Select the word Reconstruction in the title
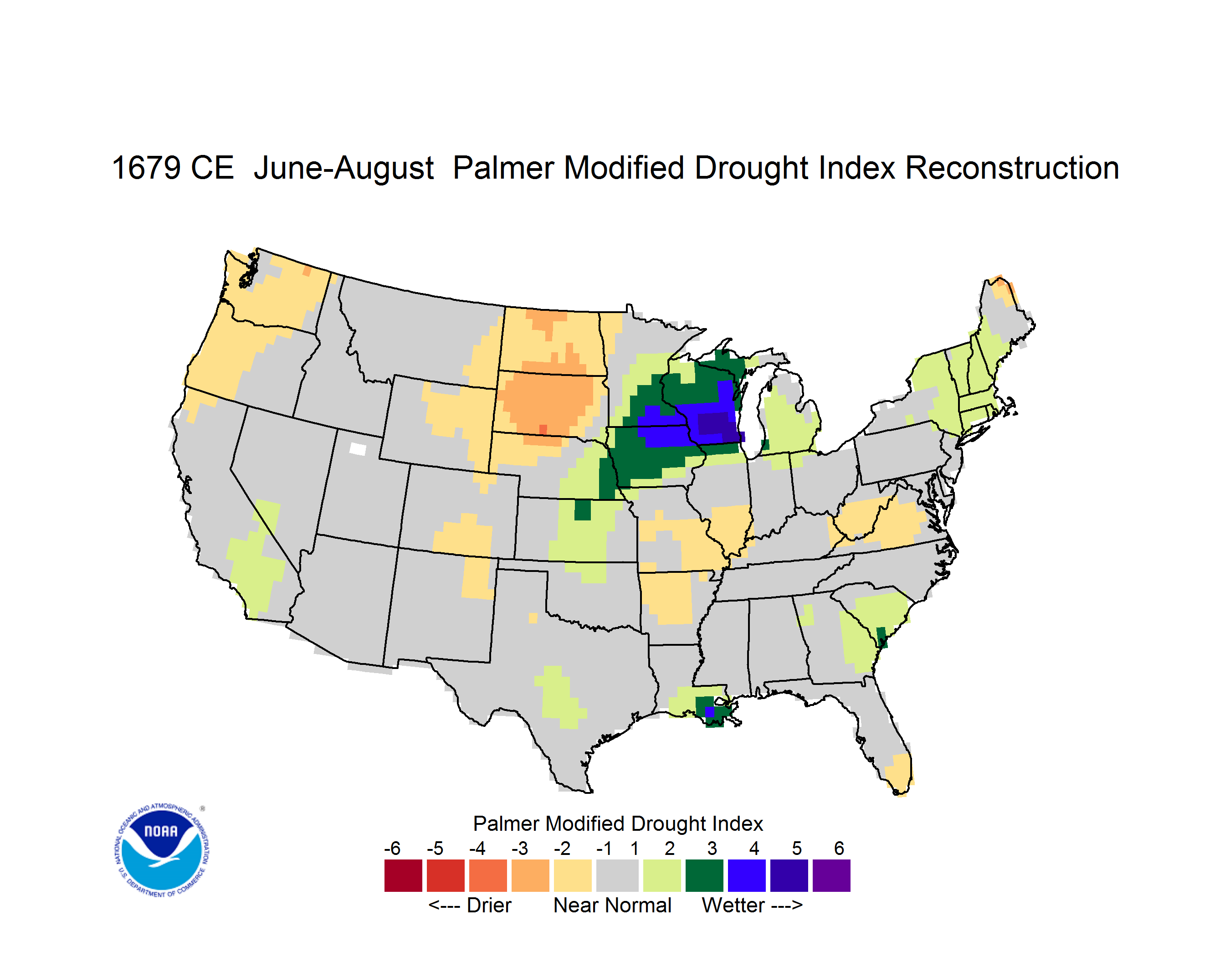tap(1011, 168)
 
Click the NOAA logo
tap(162, 850)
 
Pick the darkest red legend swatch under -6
tap(403, 875)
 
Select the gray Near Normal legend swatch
tap(617, 875)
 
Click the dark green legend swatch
tap(704, 875)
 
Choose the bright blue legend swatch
tap(747, 875)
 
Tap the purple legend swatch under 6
tap(831, 875)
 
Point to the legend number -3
tap(520, 848)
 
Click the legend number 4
tap(754, 848)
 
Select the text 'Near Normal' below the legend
tap(612, 905)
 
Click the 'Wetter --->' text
tap(752, 905)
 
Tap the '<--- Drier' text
tap(470, 905)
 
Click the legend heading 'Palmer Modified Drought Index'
tap(618, 823)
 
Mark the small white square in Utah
tap(358, 449)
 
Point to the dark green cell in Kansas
tap(582, 510)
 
